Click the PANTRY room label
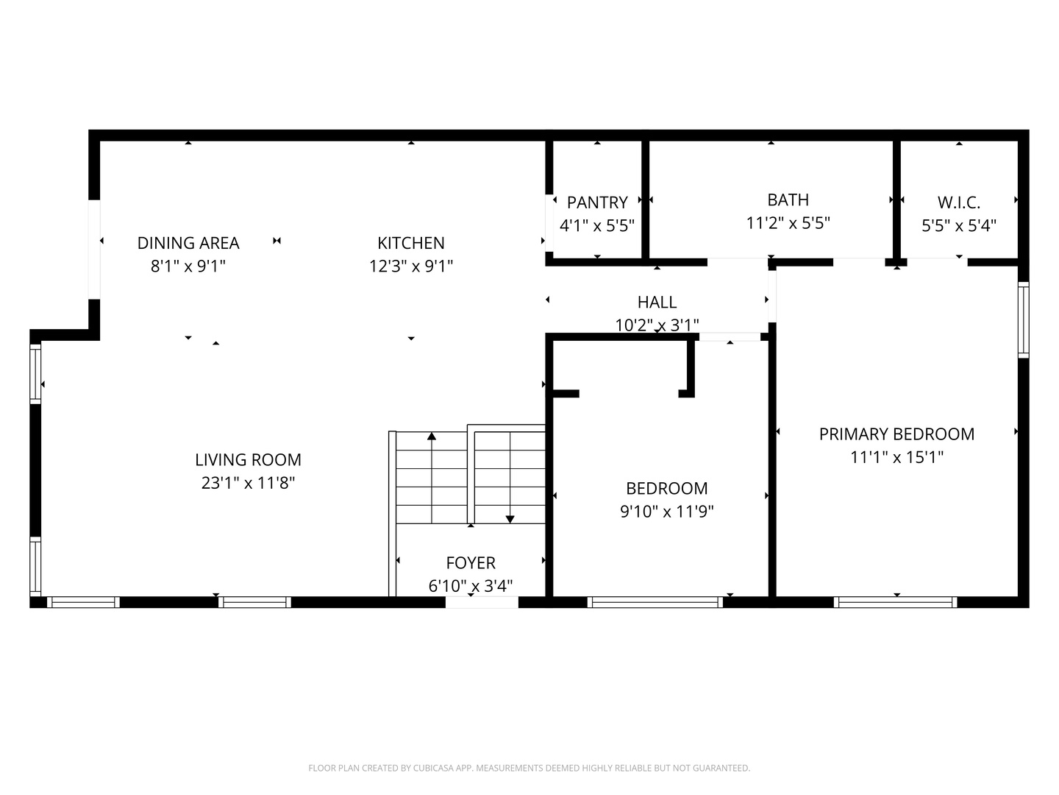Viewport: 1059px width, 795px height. click(597, 202)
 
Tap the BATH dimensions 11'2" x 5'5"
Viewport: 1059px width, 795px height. click(788, 223)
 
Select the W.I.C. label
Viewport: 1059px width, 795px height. click(958, 202)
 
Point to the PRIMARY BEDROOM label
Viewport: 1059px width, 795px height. click(896, 434)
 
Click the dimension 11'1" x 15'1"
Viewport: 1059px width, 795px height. click(896, 457)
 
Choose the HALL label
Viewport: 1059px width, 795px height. click(657, 302)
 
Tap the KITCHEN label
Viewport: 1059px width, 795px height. click(410, 243)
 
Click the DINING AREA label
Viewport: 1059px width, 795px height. click(188, 243)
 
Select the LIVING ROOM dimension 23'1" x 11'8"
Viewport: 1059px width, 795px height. click(248, 483)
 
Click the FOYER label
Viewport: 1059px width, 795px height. click(471, 563)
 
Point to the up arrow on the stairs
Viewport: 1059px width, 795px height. click(432, 437)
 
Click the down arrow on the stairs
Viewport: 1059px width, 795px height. click(510, 519)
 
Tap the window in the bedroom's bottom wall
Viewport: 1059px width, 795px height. click(655, 602)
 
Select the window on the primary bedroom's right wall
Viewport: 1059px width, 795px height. click(1023, 319)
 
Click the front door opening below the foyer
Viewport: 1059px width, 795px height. click(482, 602)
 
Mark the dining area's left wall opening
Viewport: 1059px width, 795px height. click(94, 250)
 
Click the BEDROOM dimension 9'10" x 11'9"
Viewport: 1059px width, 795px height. click(666, 511)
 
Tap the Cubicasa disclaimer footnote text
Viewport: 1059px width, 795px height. click(529, 768)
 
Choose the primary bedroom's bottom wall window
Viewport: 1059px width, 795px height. click(895, 602)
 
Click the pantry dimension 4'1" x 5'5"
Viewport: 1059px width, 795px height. click(597, 225)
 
